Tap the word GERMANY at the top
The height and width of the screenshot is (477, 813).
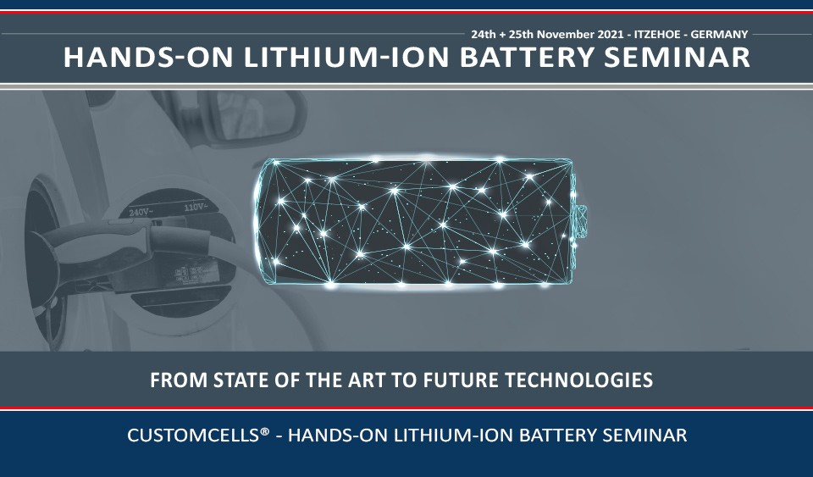click(719, 35)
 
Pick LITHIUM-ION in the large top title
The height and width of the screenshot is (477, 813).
click(346, 57)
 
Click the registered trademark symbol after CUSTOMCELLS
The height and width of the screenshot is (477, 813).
click(264, 431)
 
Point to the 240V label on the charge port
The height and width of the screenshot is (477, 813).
click(140, 212)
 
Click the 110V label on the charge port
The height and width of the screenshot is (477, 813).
click(196, 208)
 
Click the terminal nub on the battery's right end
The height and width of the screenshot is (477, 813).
click(581, 221)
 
